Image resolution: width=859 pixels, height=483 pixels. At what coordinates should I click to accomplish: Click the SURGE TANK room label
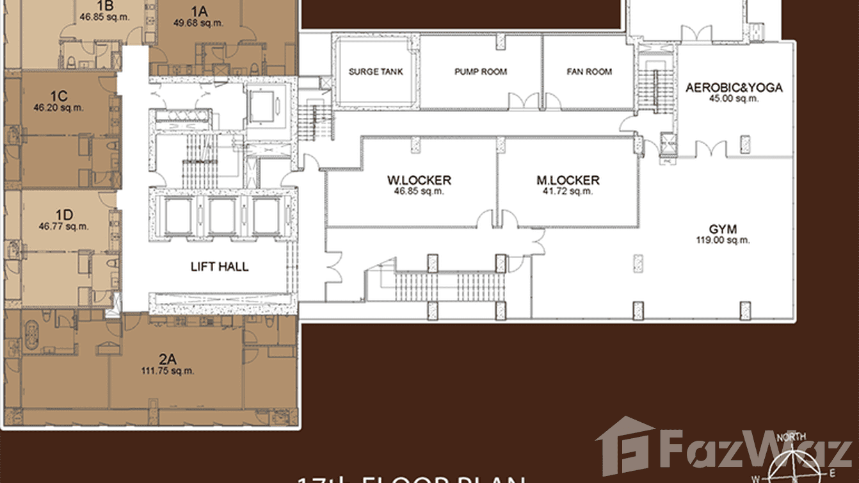pyautogui.click(x=376, y=72)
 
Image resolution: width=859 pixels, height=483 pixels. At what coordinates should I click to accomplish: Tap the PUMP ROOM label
pyautogui.click(x=481, y=72)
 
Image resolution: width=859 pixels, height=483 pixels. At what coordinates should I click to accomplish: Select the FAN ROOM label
pyautogui.click(x=589, y=72)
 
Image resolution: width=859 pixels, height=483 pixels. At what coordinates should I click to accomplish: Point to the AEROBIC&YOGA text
pyautogui.click(x=734, y=88)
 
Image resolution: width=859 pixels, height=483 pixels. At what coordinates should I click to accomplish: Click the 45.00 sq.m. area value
pyautogui.click(x=734, y=99)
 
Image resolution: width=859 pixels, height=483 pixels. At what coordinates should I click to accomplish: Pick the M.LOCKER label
pyautogui.click(x=568, y=181)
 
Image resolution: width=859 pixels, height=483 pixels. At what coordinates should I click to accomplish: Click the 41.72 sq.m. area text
pyautogui.click(x=568, y=191)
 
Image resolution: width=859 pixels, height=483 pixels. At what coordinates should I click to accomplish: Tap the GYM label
pyautogui.click(x=723, y=229)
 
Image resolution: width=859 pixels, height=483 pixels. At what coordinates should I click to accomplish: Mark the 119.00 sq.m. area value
pyautogui.click(x=723, y=240)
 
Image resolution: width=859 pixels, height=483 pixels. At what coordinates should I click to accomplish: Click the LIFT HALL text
pyautogui.click(x=220, y=266)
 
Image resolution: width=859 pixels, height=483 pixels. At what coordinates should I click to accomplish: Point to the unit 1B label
pyautogui.click(x=105, y=6)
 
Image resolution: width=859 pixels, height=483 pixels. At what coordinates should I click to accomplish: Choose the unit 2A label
pyautogui.click(x=167, y=359)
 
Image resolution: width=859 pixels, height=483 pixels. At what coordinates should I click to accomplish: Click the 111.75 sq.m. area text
pyautogui.click(x=167, y=370)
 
